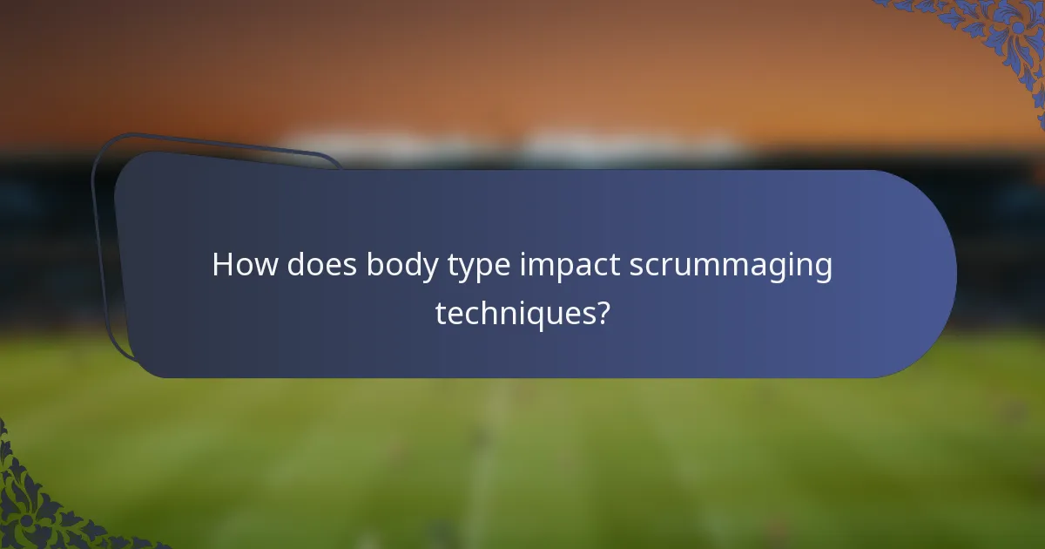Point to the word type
click(480, 267)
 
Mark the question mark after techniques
click(600, 311)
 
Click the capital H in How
click(222, 265)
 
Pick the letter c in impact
click(598, 267)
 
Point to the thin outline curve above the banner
click(218, 144)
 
